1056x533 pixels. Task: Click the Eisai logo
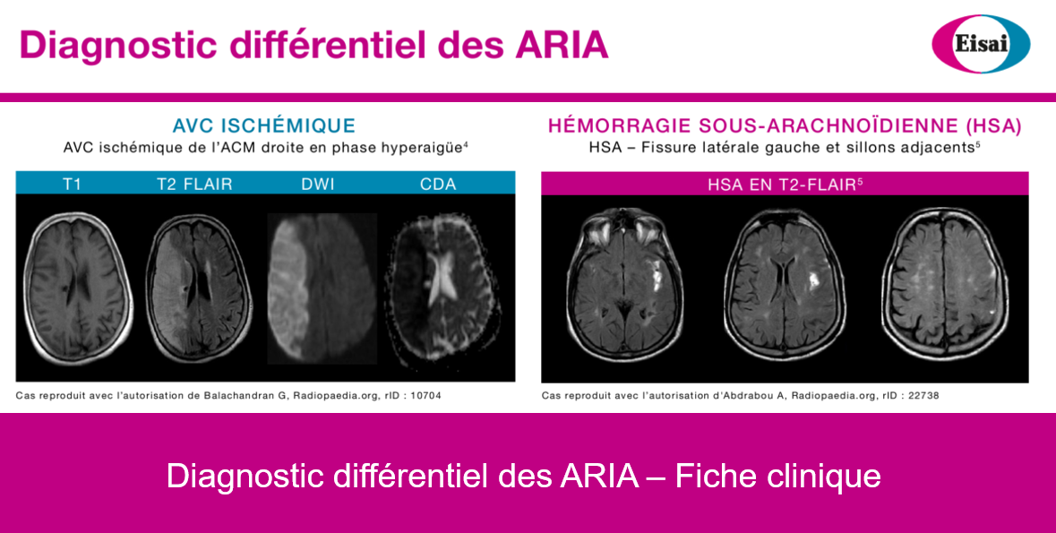coord(981,44)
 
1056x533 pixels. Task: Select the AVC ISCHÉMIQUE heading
coord(264,125)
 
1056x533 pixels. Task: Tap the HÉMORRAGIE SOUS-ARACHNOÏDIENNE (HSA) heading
coord(785,125)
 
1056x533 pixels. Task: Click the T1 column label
coord(72,184)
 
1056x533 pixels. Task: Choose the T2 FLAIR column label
coord(194,184)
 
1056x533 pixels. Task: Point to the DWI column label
coord(318,184)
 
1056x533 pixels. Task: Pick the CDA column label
coord(438,184)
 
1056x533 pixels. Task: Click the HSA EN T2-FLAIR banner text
coord(785,184)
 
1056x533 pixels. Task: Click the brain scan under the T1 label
coord(77,288)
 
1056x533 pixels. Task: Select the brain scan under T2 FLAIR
coord(199,288)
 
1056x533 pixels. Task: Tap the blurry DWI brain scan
coord(322,288)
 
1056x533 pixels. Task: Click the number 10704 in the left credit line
coord(425,396)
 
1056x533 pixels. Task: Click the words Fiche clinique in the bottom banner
coord(777,476)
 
